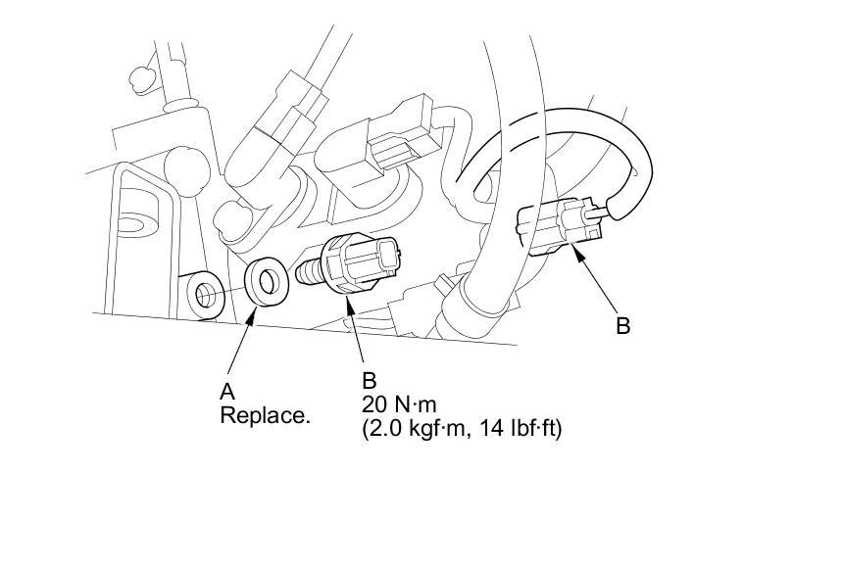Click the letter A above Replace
227,392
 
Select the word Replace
265,415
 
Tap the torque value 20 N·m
399,403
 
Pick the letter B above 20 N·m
370,380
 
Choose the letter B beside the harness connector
622,326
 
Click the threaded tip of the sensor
309,271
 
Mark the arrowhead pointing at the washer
250,318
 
